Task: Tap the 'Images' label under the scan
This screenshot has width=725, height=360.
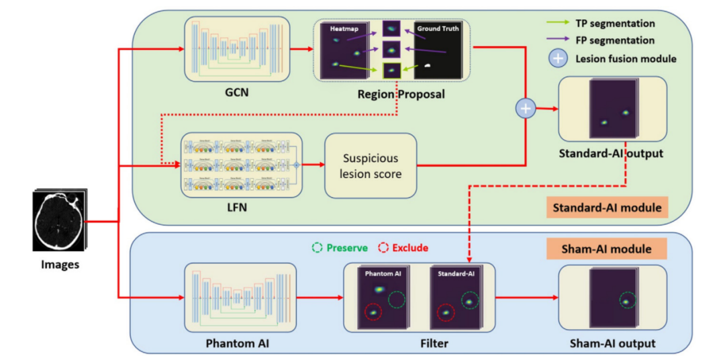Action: (x=60, y=264)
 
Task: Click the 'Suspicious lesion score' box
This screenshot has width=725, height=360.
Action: (x=371, y=165)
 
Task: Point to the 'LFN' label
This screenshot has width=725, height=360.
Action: (x=237, y=208)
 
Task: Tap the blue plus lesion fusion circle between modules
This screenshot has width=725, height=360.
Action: (x=525, y=108)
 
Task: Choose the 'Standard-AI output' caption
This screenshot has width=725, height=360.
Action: (x=611, y=153)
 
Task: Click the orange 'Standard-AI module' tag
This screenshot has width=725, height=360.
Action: (x=606, y=207)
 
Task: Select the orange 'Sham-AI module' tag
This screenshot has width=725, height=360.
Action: (x=606, y=249)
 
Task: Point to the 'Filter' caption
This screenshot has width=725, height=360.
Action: (x=420, y=344)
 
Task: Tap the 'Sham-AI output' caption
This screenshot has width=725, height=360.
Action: (x=612, y=344)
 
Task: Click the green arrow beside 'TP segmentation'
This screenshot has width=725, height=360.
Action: (x=557, y=24)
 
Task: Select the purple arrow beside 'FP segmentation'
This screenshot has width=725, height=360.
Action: (x=557, y=41)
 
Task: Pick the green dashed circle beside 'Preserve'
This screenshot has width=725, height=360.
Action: (x=318, y=248)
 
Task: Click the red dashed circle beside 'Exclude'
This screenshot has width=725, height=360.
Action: (x=384, y=248)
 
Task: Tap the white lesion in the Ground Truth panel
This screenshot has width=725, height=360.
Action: (x=428, y=66)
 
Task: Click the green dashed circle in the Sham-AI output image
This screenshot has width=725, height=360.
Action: (x=627, y=300)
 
